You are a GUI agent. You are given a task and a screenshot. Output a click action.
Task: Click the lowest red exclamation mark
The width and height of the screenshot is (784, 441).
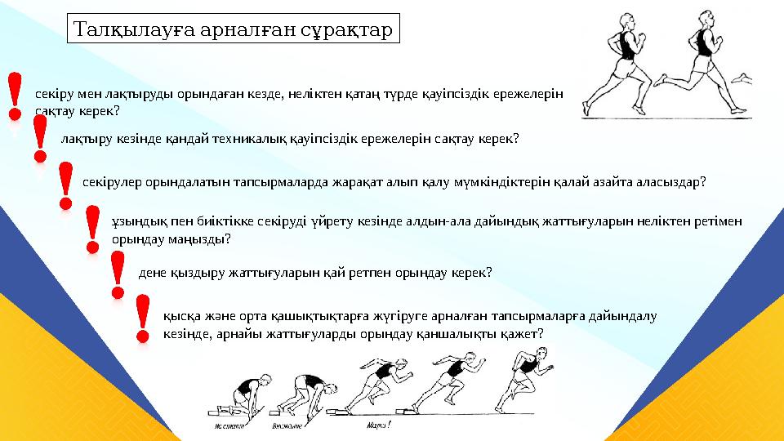[142, 318]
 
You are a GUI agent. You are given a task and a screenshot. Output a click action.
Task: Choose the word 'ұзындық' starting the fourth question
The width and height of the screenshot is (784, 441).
[133, 222]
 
